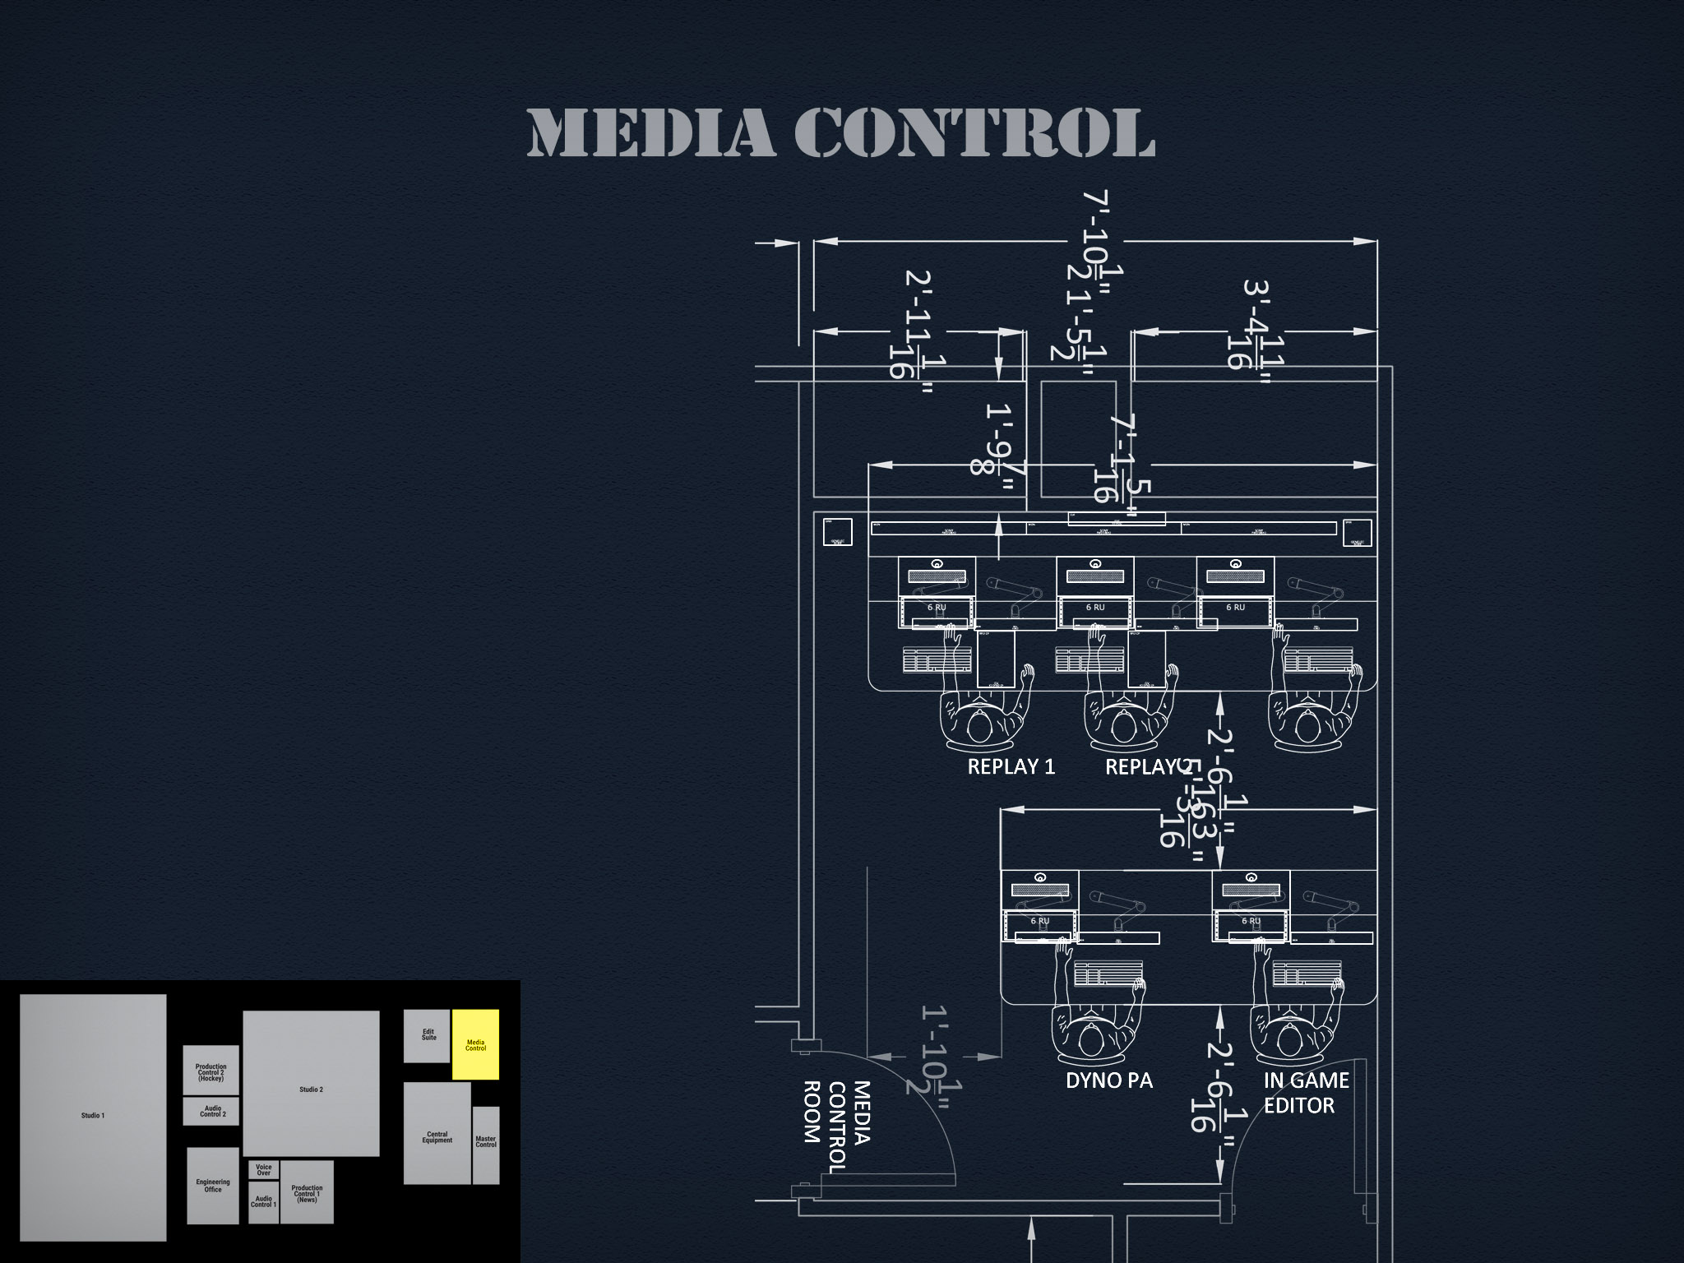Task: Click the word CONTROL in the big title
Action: [974, 133]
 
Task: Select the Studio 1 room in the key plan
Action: [93, 1117]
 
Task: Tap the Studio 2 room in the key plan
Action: [311, 1084]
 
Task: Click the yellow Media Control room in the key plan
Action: [475, 1044]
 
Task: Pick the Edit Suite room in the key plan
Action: [427, 1036]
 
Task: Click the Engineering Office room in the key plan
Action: [212, 1186]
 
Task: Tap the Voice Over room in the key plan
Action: [263, 1169]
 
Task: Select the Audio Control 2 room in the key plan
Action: [211, 1112]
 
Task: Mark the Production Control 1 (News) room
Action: [307, 1193]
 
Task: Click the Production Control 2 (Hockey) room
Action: [210, 1071]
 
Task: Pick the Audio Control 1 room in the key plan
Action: [263, 1202]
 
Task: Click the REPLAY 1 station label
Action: [1011, 767]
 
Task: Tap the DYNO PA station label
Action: [1109, 1080]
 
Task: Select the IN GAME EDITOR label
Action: [1305, 1093]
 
